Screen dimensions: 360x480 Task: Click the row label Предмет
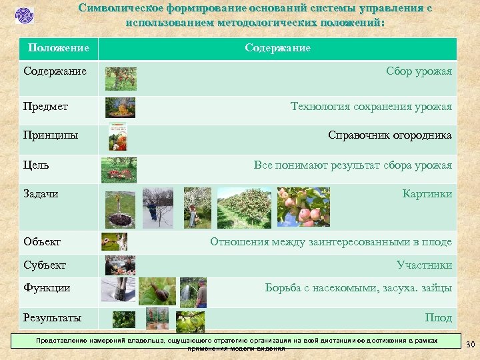point(46,106)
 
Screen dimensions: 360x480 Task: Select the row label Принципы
point(51,135)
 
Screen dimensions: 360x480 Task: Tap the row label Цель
point(36,165)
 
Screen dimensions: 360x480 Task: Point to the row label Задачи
point(41,193)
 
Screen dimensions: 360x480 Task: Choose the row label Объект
point(42,241)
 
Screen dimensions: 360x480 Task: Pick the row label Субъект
point(45,265)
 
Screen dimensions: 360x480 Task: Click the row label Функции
point(47,288)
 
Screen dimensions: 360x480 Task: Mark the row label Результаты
point(53,317)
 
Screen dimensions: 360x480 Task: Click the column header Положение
point(59,48)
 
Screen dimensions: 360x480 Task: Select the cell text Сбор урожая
point(419,71)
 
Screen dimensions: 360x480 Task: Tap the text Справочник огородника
point(389,135)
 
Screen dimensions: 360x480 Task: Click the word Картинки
point(427,193)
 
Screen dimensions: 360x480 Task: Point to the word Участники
point(424,265)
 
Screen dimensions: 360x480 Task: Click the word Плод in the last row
point(438,317)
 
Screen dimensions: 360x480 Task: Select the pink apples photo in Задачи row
point(303,207)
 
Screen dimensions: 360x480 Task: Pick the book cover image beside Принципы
point(117,136)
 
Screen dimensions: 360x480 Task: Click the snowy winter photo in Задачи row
point(157,207)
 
